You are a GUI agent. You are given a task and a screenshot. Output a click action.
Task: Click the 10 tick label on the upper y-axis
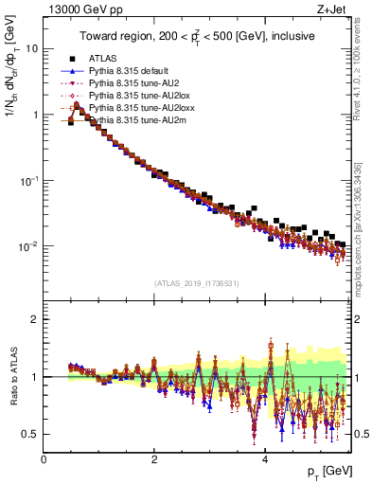(x=31, y=48)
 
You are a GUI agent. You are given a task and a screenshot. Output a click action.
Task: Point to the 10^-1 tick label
(x=28, y=179)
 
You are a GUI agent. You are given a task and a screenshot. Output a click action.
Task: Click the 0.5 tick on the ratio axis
(x=29, y=434)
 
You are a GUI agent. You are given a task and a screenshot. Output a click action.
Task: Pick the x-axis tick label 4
(x=266, y=458)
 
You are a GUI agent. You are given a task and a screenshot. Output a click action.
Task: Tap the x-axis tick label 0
(x=44, y=458)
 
